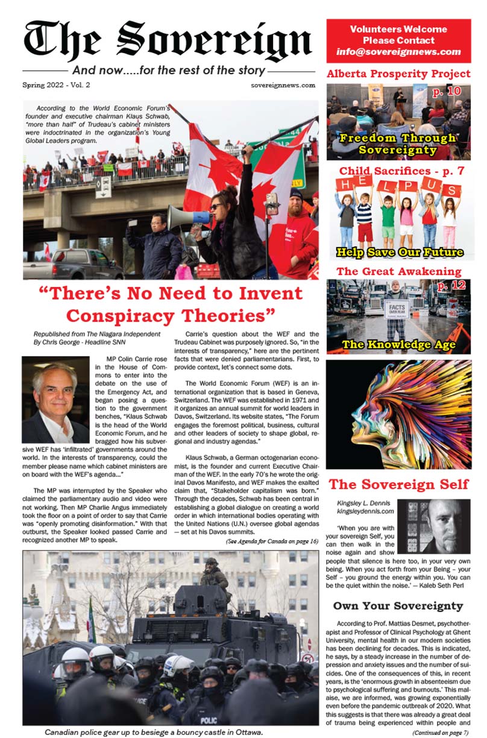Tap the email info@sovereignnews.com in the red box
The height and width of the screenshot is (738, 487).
398,52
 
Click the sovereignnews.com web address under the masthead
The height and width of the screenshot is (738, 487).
283,85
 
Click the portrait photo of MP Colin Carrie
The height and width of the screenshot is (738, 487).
55,399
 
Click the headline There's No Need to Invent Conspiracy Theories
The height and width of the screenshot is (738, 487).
170,304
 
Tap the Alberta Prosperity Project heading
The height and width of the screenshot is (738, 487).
398,74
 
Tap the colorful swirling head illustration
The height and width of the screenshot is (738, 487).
398,414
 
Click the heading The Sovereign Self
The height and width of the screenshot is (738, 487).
398,484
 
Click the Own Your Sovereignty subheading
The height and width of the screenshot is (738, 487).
398,605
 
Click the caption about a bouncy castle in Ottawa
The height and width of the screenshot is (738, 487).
154,732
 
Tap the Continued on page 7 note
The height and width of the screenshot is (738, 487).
441,732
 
